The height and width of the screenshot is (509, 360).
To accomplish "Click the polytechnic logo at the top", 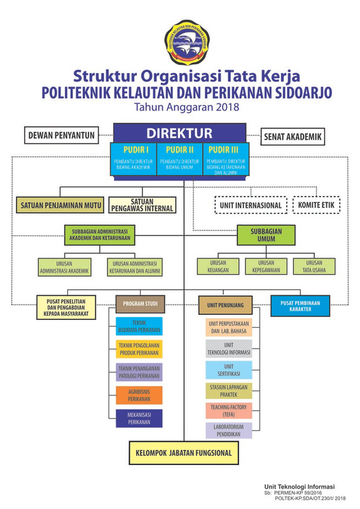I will pos(180,42).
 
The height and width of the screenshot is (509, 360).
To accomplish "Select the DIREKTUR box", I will pos(179,134).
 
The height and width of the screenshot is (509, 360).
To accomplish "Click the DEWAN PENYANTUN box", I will pos(61,135).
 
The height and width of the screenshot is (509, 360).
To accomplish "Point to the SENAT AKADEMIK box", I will pos(293,136).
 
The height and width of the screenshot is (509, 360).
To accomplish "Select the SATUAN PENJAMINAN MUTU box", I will pos(60,205).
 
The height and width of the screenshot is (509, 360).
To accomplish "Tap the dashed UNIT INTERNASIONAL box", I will pos(250,206).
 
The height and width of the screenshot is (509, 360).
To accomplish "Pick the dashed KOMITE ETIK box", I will pos(316,206).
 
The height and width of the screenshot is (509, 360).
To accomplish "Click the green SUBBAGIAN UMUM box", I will pos(267,235).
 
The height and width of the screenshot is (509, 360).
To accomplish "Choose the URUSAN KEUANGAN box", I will pos(212,266).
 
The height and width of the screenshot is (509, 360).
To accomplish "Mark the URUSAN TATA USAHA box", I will pos(314,266).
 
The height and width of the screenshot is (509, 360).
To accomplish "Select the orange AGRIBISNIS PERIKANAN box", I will pos(139,394).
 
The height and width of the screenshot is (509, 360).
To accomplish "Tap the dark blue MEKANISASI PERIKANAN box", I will pos(139,418).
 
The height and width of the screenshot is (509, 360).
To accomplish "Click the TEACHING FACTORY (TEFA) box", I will pos(228,410).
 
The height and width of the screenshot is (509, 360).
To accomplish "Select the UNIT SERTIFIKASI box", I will pos(228,370).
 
